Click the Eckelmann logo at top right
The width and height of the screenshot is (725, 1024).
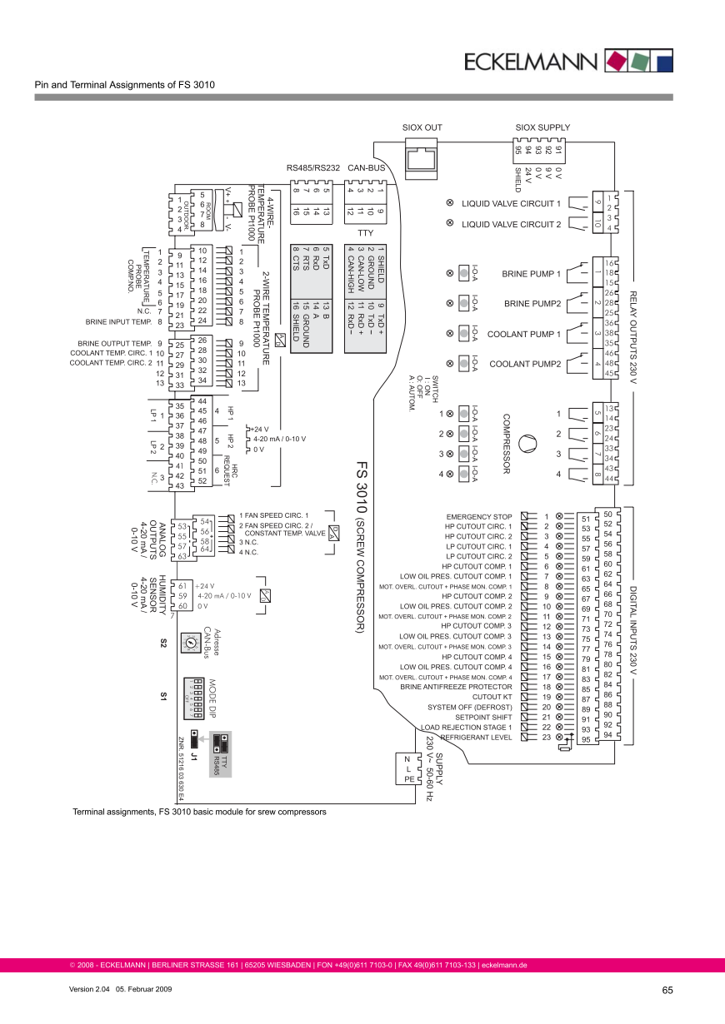(567, 61)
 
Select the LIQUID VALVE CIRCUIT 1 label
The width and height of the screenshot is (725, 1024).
(510, 203)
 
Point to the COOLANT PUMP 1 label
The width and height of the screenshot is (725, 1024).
(523, 334)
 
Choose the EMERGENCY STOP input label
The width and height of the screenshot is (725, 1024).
(479, 516)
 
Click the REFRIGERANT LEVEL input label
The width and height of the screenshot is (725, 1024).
(476, 737)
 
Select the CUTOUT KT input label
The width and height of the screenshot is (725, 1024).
(492, 697)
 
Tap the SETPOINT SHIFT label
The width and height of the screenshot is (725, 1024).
(483, 717)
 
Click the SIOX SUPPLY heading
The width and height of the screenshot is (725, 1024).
(542, 127)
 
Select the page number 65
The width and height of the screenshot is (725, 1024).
(667, 990)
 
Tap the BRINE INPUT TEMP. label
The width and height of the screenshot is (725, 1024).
(117, 321)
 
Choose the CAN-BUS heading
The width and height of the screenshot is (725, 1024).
(366, 167)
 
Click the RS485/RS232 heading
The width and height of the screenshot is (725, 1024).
(313, 167)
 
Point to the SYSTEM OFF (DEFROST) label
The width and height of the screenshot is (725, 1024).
(470, 707)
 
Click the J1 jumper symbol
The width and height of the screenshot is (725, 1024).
(194, 738)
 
